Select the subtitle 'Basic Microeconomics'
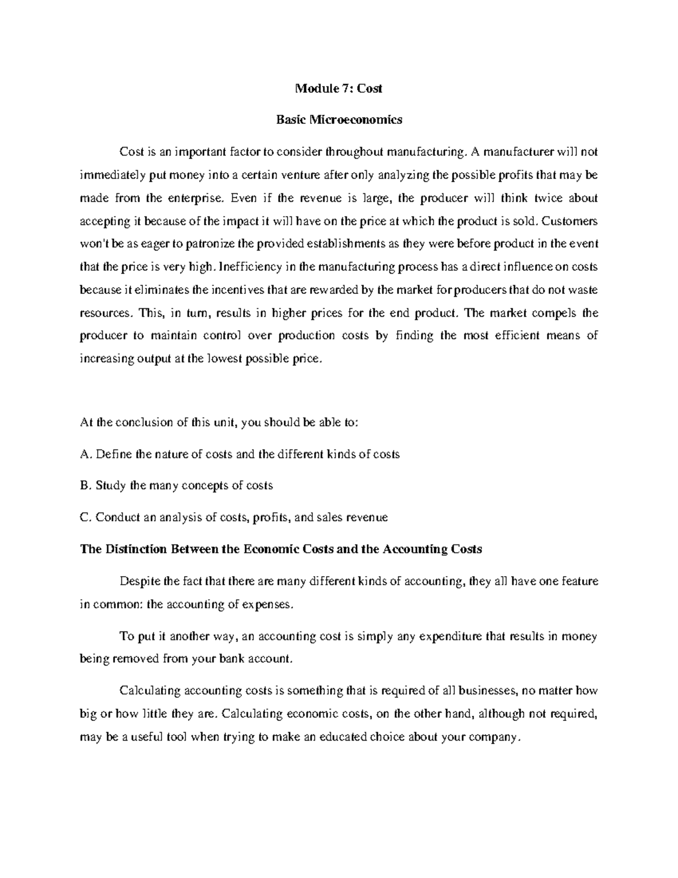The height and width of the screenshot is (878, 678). coord(339,120)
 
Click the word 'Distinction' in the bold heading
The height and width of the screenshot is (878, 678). coord(132,549)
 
